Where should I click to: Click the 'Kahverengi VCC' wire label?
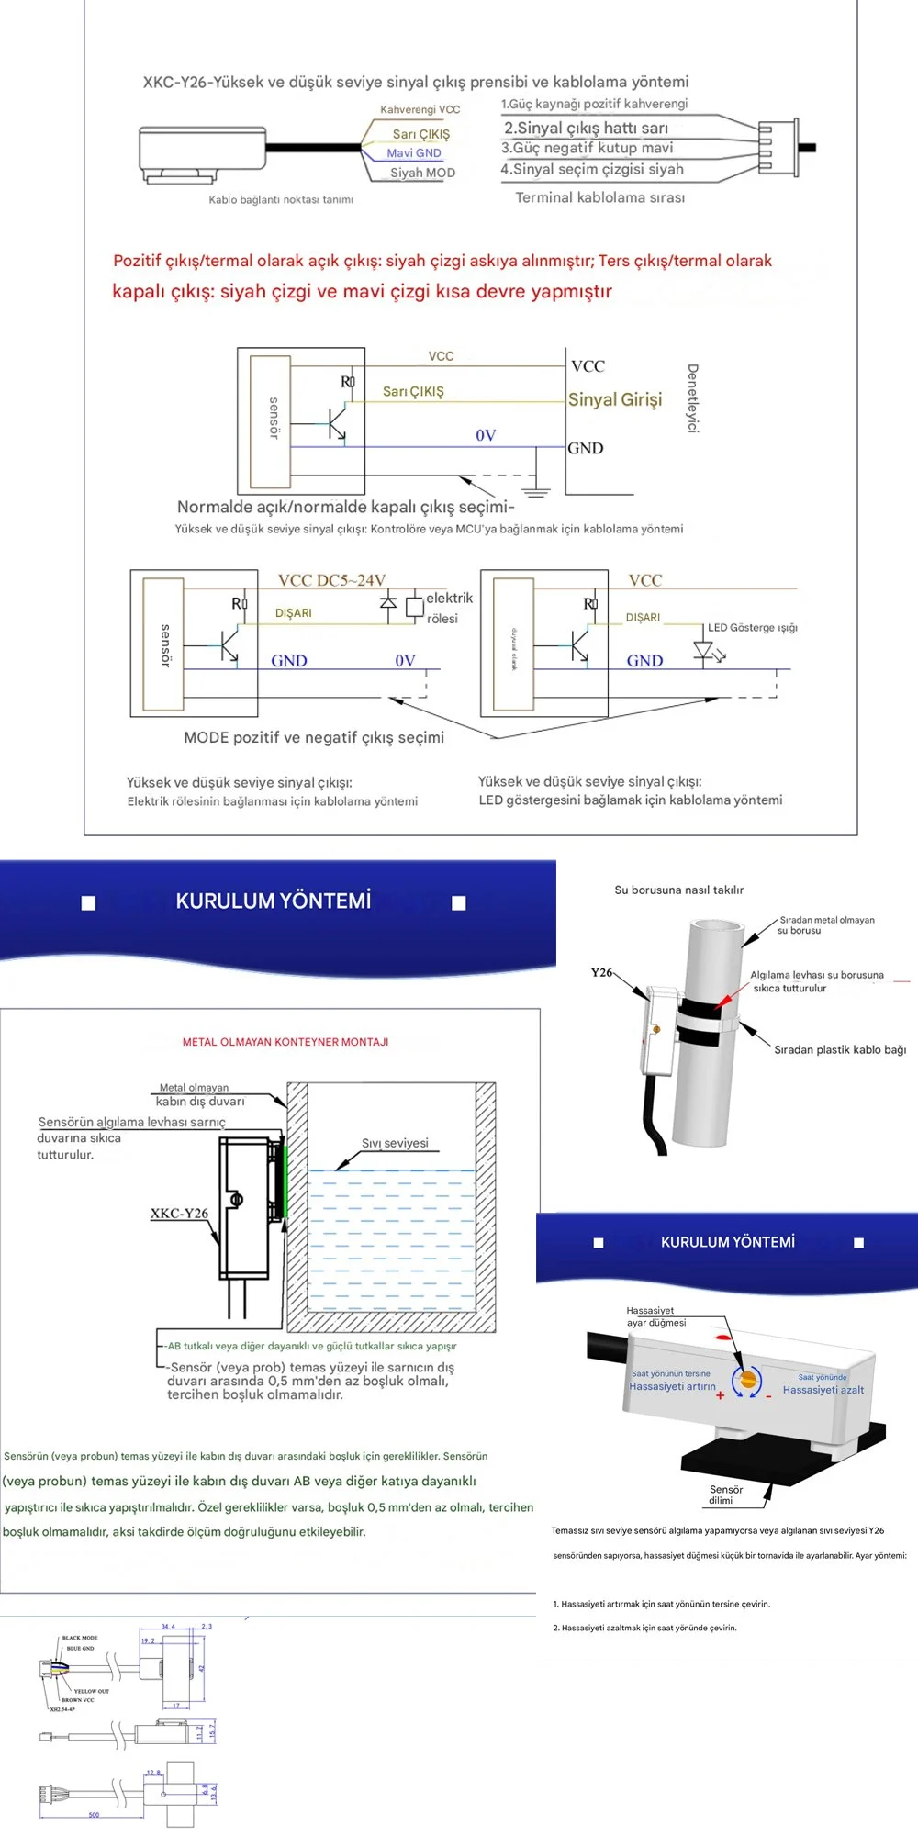click(x=420, y=109)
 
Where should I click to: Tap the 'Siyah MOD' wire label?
click(x=422, y=173)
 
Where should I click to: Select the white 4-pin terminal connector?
click(x=775, y=147)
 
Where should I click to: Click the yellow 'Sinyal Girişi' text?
click(x=615, y=399)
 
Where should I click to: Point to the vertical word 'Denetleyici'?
click(x=693, y=398)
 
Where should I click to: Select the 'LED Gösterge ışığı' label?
click(x=752, y=628)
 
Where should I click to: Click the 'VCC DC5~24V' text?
click(x=331, y=580)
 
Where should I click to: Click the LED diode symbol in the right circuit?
click(x=704, y=651)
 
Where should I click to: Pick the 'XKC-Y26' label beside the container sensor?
click(x=179, y=1213)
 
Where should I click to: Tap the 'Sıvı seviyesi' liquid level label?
click(x=395, y=1143)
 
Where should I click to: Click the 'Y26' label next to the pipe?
click(x=601, y=972)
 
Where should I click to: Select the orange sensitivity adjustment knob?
click(x=748, y=1380)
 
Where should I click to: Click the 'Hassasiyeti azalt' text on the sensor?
click(x=823, y=1390)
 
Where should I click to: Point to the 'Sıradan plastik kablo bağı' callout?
click(x=839, y=1049)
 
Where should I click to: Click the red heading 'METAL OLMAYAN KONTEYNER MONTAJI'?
click(x=285, y=1042)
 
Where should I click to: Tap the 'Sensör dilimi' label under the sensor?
click(x=725, y=1495)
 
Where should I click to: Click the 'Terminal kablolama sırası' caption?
click(x=599, y=197)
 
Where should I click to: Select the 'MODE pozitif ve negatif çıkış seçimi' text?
click(x=314, y=737)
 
